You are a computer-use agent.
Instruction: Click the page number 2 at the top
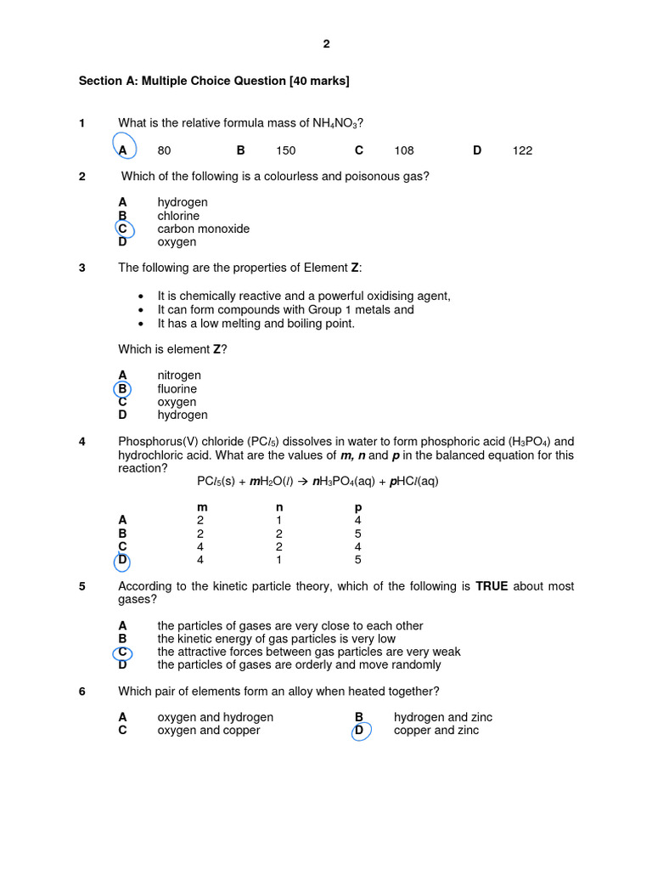[326, 45]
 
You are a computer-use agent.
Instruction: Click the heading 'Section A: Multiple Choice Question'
[213, 81]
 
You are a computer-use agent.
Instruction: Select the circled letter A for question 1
[123, 150]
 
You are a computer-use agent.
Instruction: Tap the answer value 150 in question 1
[286, 150]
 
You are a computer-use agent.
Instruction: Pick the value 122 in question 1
[522, 150]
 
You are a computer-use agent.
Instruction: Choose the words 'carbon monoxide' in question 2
[203, 229]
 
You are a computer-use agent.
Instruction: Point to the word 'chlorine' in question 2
[178, 216]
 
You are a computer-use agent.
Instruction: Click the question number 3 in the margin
[82, 268]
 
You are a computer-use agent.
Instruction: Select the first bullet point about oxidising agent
[304, 296]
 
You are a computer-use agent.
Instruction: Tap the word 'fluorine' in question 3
[177, 389]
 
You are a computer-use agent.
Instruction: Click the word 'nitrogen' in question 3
[179, 376]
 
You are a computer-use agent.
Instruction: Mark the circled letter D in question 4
[122, 560]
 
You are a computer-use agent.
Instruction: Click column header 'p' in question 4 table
[357, 507]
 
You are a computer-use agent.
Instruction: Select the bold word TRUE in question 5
[492, 586]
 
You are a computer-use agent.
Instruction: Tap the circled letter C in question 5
[122, 652]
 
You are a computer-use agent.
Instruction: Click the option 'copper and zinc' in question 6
[436, 730]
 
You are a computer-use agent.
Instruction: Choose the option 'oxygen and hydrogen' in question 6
[215, 717]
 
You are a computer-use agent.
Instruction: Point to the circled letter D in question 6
[359, 730]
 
